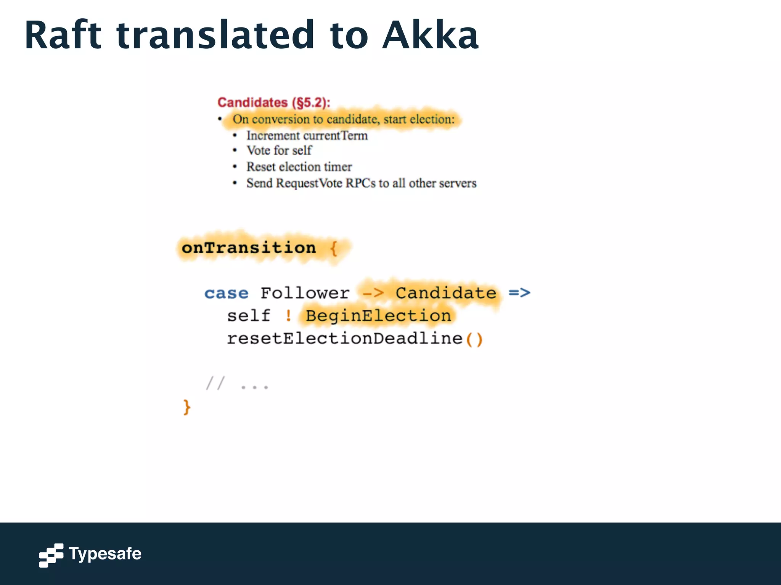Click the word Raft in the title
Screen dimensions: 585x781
(63, 35)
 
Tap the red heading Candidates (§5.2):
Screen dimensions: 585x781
(273, 102)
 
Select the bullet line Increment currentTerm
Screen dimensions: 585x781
(307, 136)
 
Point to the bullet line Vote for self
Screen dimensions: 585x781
(279, 150)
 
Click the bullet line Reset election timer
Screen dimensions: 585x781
(299, 167)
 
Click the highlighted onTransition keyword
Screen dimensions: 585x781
(249, 248)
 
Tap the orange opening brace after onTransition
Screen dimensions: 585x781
(333, 248)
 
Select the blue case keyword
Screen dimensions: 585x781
(226, 293)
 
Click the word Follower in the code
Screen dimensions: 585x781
(305, 293)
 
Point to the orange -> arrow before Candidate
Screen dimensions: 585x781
(373, 293)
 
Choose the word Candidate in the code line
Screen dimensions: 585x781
(446, 293)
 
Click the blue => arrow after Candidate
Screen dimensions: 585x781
(519, 293)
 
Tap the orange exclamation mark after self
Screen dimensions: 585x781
(288, 316)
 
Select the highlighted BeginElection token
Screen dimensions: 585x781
(378, 316)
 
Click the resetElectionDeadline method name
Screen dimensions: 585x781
(345, 338)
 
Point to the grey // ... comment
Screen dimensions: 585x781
(237, 384)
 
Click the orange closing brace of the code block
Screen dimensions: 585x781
(186, 407)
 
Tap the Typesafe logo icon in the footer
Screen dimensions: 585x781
(51, 555)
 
